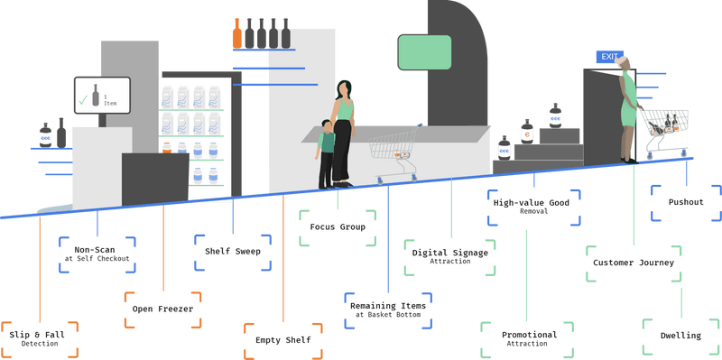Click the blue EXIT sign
pyautogui.click(x=610, y=57)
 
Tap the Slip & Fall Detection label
pyautogui.click(x=39, y=338)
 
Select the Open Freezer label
pyautogui.click(x=162, y=310)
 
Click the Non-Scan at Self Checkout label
pyautogui.click(x=97, y=254)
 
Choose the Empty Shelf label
pyautogui.click(x=283, y=339)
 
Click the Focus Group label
pyautogui.click(x=337, y=227)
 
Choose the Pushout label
pyautogui.click(x=686, y=203)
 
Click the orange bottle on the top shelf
pyautogui.click(x=237, y=33)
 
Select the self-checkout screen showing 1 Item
pyautogui.click(x=102, y=97)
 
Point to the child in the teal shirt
pyautogui.click(x=326, y=153)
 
